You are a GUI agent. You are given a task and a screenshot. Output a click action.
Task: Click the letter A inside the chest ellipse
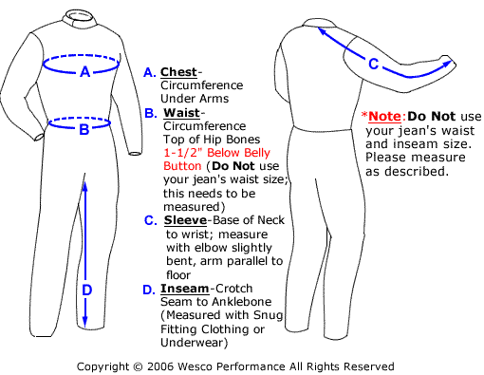[x=84, y=71]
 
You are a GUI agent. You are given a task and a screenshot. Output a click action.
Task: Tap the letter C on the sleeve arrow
[x=373, y=65]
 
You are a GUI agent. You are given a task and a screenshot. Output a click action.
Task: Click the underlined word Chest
[x=179, y=72]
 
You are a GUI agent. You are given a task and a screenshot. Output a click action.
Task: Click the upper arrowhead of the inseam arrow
[x=87, y=186]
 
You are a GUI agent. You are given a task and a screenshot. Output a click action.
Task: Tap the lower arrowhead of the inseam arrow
[x=87, y=323]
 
